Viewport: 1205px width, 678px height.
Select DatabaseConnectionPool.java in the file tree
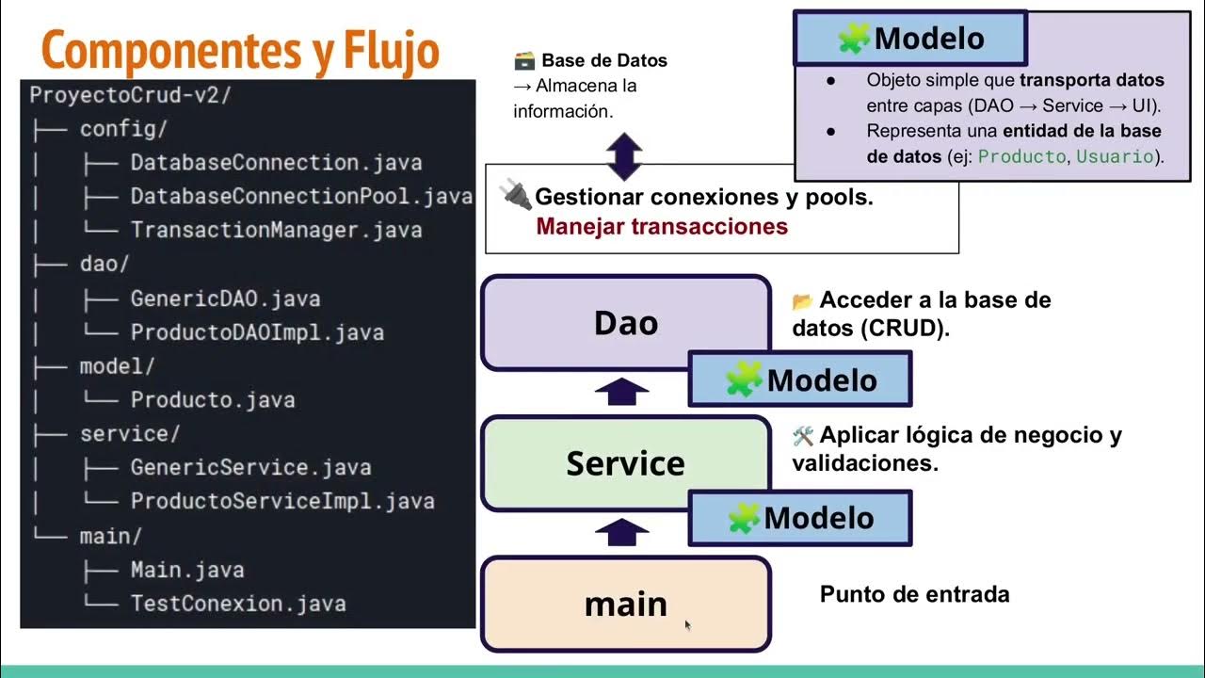pos(300,197)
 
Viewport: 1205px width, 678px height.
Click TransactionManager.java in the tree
pos(276,231)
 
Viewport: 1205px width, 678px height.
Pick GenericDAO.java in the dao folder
pos(225,299)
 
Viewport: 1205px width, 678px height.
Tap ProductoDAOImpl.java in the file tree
pos(256,333)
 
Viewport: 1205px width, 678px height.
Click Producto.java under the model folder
pos(213,400)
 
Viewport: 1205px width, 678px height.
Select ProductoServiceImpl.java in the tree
pos(281,501)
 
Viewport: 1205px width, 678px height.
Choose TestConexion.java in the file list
pos(237,604)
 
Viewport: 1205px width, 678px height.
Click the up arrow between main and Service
pos(622,533)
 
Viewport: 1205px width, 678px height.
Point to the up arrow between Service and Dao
pos(622,392)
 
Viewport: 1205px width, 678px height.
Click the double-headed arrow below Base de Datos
pos(624,156)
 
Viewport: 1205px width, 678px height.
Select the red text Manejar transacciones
pos(662,227)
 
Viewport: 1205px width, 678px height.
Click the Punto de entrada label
pos(914,595)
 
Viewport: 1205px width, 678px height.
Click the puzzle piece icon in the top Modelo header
pos(854,39)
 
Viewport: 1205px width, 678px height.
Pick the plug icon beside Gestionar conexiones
pos(515,196)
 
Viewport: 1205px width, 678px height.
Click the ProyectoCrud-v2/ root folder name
pos(131,95)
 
